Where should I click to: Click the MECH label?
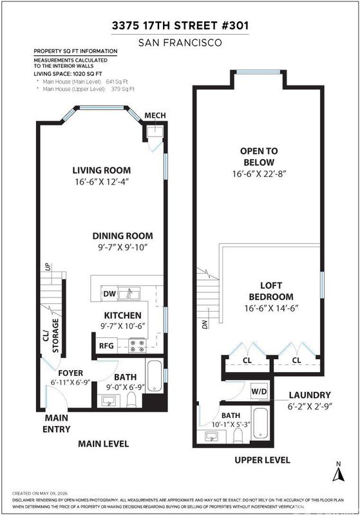pyautogui.click(x=155, y=116)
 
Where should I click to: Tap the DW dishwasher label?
pyautogui.click(x=109, y=294)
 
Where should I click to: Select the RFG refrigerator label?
pyautogui.click(x=106, y=346)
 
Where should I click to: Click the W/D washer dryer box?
pyautogui.click(x=260, y=391)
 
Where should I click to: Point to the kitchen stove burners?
pyautogui.click(x=137, y=346)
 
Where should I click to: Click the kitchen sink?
pyautogui.click(x=129, y=294)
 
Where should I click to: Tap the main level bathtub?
pyautogui.click(x=154, y=376)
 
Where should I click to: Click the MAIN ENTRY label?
pyautogui.click(x=57, y=424)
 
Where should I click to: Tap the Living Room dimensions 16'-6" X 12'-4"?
pyautogui.click(x=102, y=182)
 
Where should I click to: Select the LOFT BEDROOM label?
pyautogui.click(x=271, y=291)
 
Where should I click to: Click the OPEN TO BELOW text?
pyautogui.click(x=259, y=156)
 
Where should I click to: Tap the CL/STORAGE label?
pyautogui.click(x=51, y=335)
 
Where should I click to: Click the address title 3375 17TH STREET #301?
pyautogui.click(x=180, y=26)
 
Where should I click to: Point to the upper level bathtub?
pyautogui.click(x=261, y=424)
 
